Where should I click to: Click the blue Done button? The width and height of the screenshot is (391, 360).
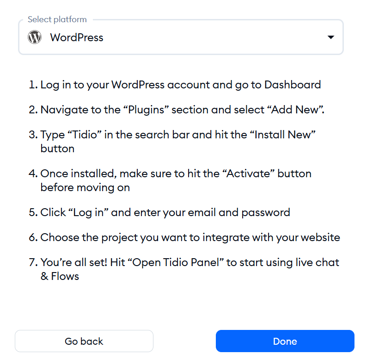[x=285, y=341]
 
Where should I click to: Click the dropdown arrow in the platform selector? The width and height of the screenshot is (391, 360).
[x=330, y=37]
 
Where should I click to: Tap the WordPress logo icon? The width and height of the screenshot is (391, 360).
[x=35, y=37]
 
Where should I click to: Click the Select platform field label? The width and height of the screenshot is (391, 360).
[x=57, y=19]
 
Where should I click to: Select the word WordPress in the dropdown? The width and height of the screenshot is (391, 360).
[x=77, y=37]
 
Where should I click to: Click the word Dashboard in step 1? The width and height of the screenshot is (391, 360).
[x=293, y=85]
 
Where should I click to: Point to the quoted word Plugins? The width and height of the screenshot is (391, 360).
[x=146, y=110]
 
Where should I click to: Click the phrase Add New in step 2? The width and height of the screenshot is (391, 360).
[x=295, y=110]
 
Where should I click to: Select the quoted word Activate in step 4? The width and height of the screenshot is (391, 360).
[x=248, y=174]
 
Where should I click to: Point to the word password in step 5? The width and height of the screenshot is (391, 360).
[x=266, y=213]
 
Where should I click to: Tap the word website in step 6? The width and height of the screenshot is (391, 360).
[x=320, y=238]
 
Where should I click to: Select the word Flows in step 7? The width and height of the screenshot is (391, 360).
[x=65, y=276]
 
